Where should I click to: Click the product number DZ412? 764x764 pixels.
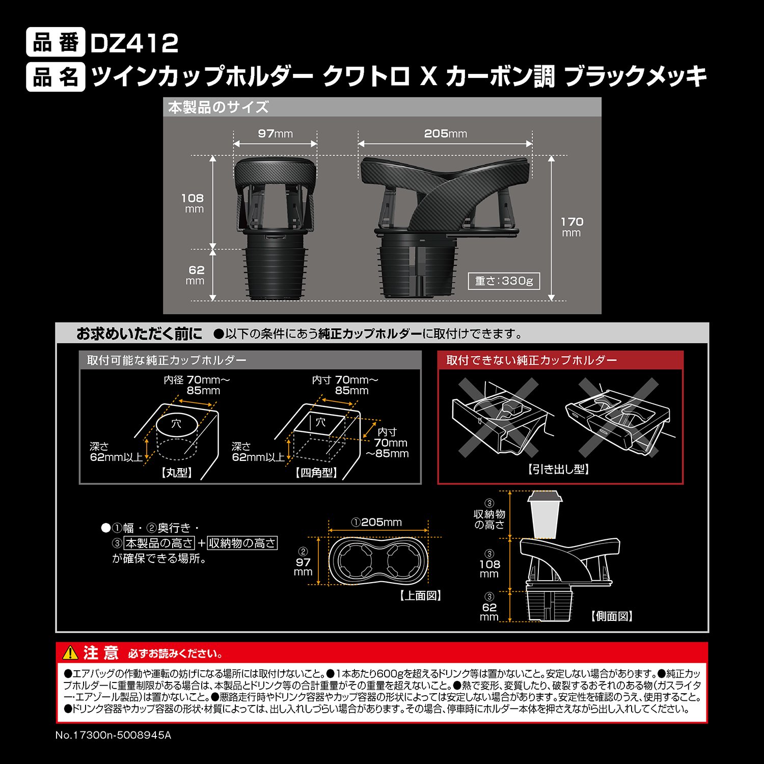click(x=134, y=43)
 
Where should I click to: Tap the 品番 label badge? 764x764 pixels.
click(x=56, y=43)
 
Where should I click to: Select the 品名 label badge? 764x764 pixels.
click(x=56, y=77)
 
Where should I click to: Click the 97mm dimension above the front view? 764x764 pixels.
click(x=275, y=133)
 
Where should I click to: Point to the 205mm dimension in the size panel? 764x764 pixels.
click(x=445, y=133)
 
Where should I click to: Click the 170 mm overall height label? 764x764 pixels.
click(x=571, y=227)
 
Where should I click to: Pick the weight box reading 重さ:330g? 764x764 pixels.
click(x=503, y=281)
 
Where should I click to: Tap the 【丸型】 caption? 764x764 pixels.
click(x=177, y=473)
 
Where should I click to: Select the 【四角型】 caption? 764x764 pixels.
click(x=316, y=473)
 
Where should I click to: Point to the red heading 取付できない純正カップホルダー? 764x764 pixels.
click(x=531, y=360)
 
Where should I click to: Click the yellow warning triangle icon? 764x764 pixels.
click(x=70, y=652)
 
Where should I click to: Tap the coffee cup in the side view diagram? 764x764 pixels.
click(x=544, y=514)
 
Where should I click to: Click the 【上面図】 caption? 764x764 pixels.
click(x=420, y=595)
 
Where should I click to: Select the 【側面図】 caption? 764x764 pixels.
click(x=612, y=616)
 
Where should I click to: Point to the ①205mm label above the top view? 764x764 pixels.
click(x=376, y=522)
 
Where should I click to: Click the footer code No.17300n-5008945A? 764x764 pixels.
click(x=113, y=735)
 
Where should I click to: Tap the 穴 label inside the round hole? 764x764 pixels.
click(x=176, y=423)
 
